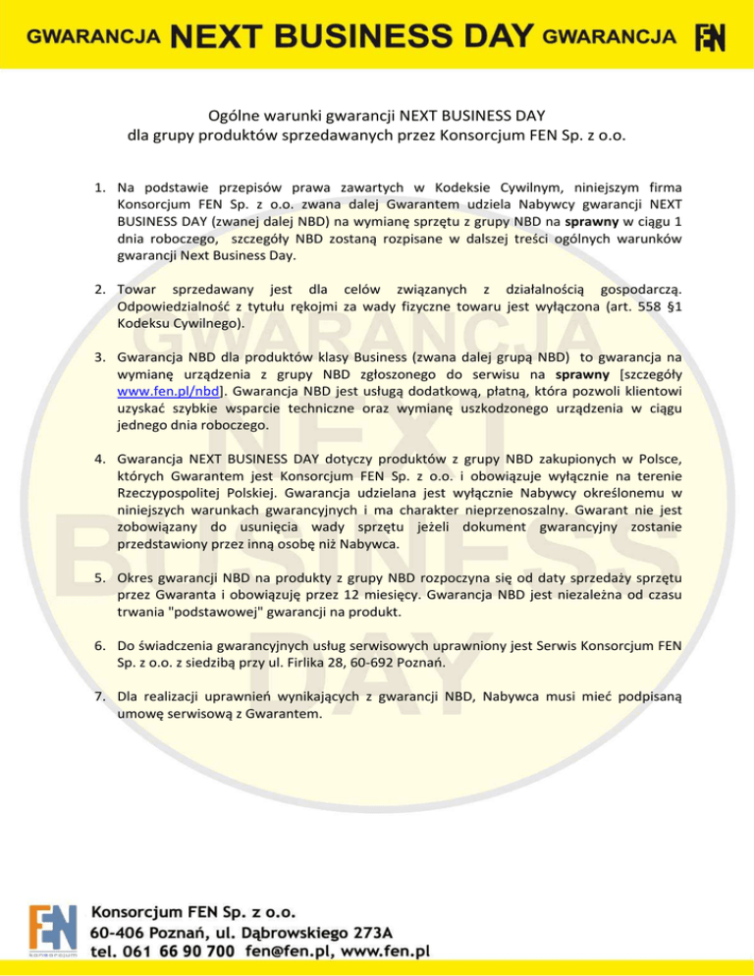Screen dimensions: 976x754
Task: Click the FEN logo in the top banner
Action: click(x=710, y=38)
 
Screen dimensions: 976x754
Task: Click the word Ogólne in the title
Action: click(x=232, y=114)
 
